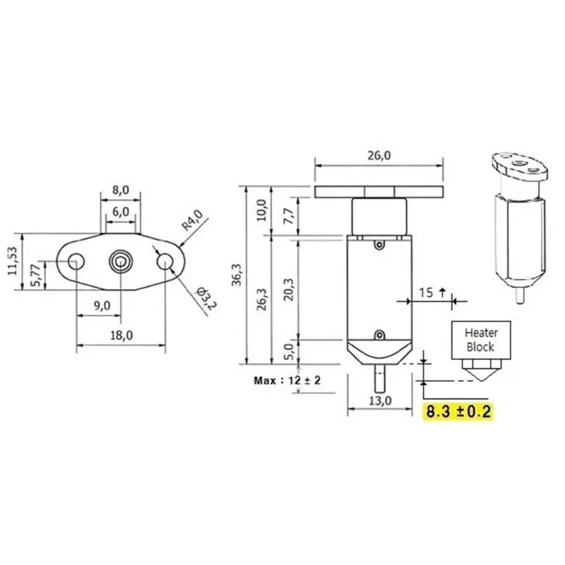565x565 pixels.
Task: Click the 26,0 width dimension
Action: pos(379,156)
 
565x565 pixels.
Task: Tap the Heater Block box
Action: pos(480,340)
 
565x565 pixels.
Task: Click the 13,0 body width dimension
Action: pos(379,400)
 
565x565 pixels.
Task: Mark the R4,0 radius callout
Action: pos(191,220)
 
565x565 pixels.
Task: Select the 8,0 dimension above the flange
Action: pos(120,191)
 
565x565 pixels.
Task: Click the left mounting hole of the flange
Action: pos(76,263)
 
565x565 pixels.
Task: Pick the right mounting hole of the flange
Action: pos(165,262)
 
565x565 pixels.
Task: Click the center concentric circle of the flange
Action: pos(120,262)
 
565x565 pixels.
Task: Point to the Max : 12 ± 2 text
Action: pos(287,380)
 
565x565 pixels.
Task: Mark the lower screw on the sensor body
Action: pos(379,334)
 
